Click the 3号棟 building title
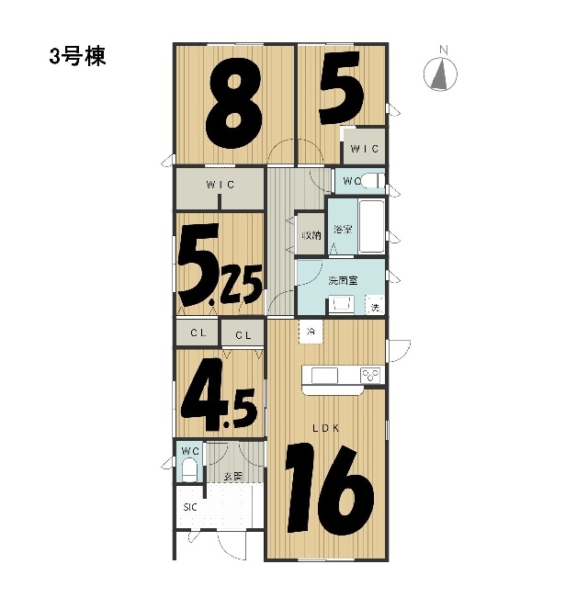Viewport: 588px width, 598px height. [77, 56]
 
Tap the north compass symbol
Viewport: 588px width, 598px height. [440, 73]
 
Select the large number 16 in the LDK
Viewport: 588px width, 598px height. [329, 488]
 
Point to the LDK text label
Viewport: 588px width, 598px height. [326, 428]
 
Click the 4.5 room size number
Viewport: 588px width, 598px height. [219, 395]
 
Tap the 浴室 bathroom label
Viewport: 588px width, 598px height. [343, 230]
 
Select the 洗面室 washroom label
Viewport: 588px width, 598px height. [343, 281]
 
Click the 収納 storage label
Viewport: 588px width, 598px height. [311, 235]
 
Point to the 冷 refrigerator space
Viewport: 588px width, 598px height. [311, 332]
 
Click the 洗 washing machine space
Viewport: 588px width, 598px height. [375, 305]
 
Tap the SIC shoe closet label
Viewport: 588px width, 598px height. [190, 507]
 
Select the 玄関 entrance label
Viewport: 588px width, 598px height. [233, 477]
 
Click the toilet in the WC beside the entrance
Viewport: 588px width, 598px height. [188, 470]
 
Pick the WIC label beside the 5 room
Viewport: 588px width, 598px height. [364, 149]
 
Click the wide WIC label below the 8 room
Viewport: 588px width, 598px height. [220, 185]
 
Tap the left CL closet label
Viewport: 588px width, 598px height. [198, 333]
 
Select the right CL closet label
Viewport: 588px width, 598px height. [243, 335]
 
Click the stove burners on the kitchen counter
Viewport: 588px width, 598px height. [370, 375]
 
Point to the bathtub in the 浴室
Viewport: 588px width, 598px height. [371, 226]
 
